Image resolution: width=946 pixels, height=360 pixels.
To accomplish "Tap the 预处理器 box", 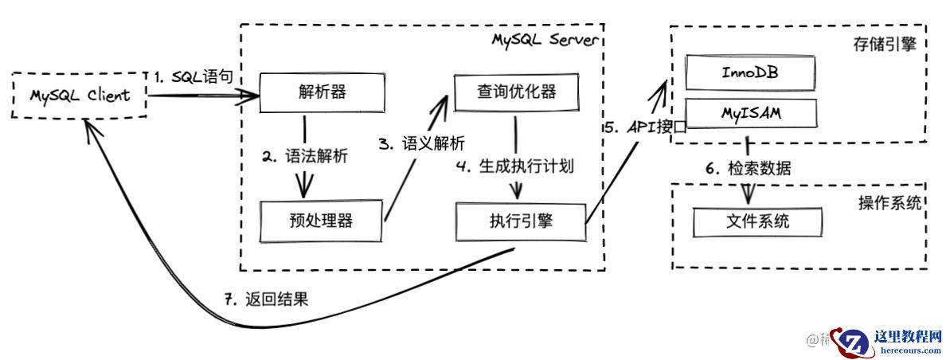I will (321, 221).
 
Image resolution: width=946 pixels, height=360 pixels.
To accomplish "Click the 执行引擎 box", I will (521, 221).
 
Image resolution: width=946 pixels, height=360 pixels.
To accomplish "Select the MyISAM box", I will (750, 115).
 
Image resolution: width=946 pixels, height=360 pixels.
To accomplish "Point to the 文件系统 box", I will (757, 221).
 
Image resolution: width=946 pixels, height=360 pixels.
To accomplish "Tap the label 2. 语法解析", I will (305, 156).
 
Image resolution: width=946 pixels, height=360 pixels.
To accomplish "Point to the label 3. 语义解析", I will (421, 143).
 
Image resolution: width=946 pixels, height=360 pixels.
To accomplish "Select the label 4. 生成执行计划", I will (515, 166).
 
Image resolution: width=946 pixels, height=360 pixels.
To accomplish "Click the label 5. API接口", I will (643, 126).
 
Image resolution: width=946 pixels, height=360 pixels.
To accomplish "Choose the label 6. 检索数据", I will (749, 168).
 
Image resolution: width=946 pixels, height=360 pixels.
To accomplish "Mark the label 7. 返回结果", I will (265, 299).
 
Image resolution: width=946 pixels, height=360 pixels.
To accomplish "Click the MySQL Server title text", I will (543, 40).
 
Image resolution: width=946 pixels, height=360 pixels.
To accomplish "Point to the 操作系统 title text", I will (889, 202).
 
